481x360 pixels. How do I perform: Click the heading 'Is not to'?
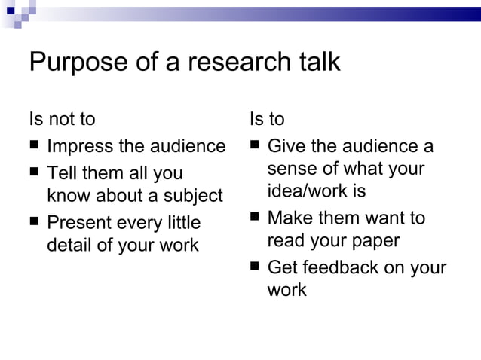point(62,120)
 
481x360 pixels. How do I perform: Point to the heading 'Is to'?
point(267,120)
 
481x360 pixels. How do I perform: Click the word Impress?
point(81,146)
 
